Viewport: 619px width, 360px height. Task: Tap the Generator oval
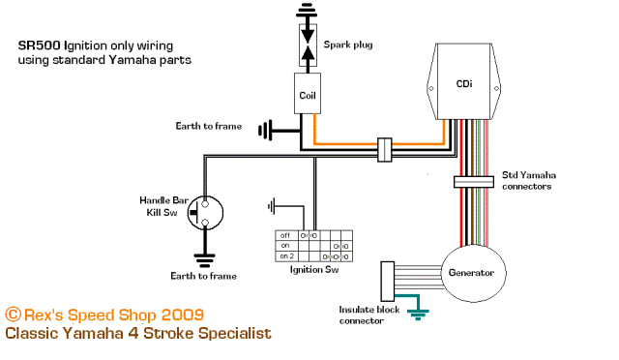(471, 273)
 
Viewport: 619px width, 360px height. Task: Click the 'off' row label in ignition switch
(285, 235)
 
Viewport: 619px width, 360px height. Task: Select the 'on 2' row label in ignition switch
(287, 256)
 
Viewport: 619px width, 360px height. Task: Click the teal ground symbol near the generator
(418, 312)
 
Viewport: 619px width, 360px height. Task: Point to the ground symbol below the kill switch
(204, 258)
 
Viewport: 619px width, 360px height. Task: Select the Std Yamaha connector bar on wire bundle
(474, 181)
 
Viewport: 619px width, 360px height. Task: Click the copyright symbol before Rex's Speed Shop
(13, 315)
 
